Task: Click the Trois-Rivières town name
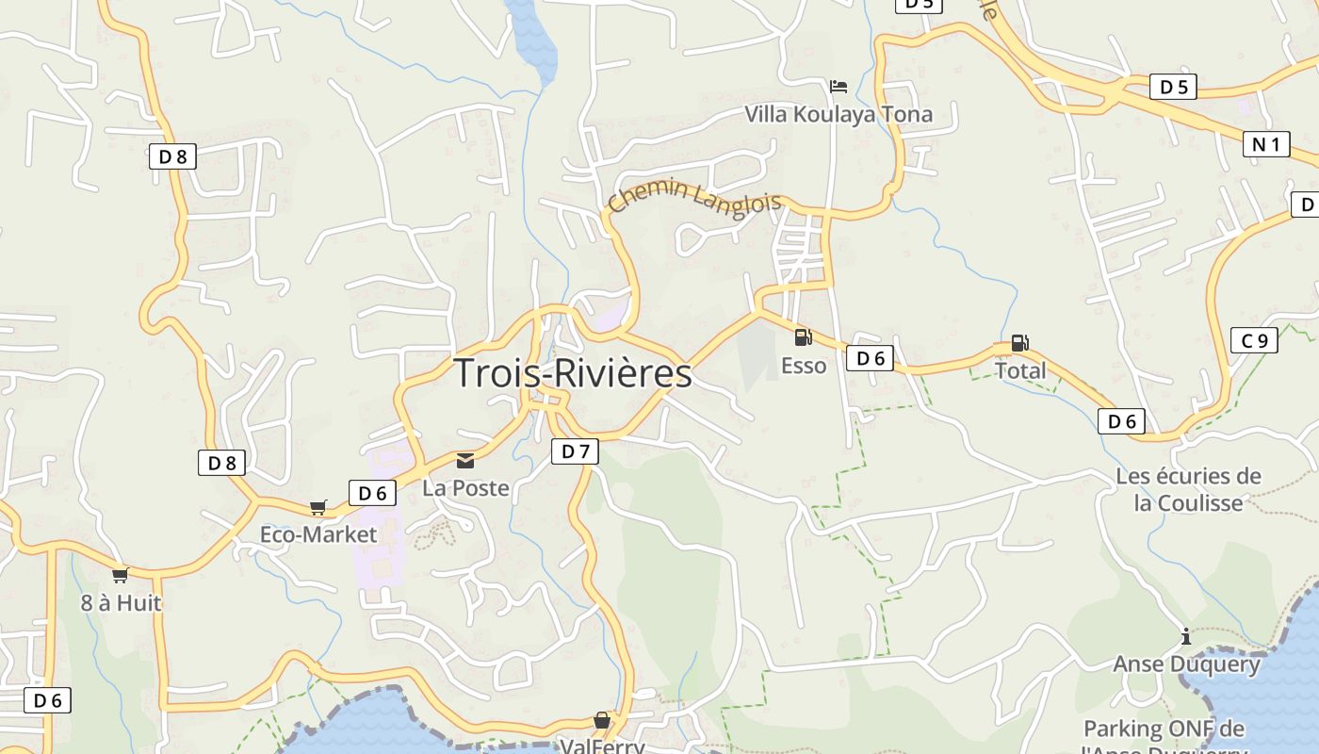(x=573, y=373)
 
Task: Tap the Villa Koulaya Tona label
(x=839, y=114)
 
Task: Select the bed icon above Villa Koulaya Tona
(x=839, y=87)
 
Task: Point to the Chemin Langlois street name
(x=694, y=199)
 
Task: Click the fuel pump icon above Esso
(x=803, y=337)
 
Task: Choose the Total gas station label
(x=1020, y=370)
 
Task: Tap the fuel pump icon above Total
(x=1019, y=343)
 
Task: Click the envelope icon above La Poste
(x=465, y=461)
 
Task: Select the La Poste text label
(x=465, y=488)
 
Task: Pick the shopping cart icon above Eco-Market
(x=318, y=507)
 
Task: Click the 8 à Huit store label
(x=121, y=602)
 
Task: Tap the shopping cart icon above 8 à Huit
(x=120, y=575)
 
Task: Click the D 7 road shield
(x=575, y=451)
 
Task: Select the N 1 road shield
(x=1266, y=144)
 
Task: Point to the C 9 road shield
(x=1254, y=340)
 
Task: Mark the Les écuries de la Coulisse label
(x=1188, y=489)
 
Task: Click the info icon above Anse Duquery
(x=1186, y=637)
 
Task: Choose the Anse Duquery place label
(x=1186, y=664)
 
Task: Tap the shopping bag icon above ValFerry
(x=602, y=721)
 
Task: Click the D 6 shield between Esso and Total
(x=870, y=358)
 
